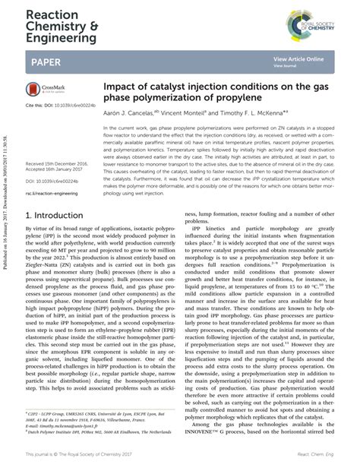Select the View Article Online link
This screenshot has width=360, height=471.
coord(298,58)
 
